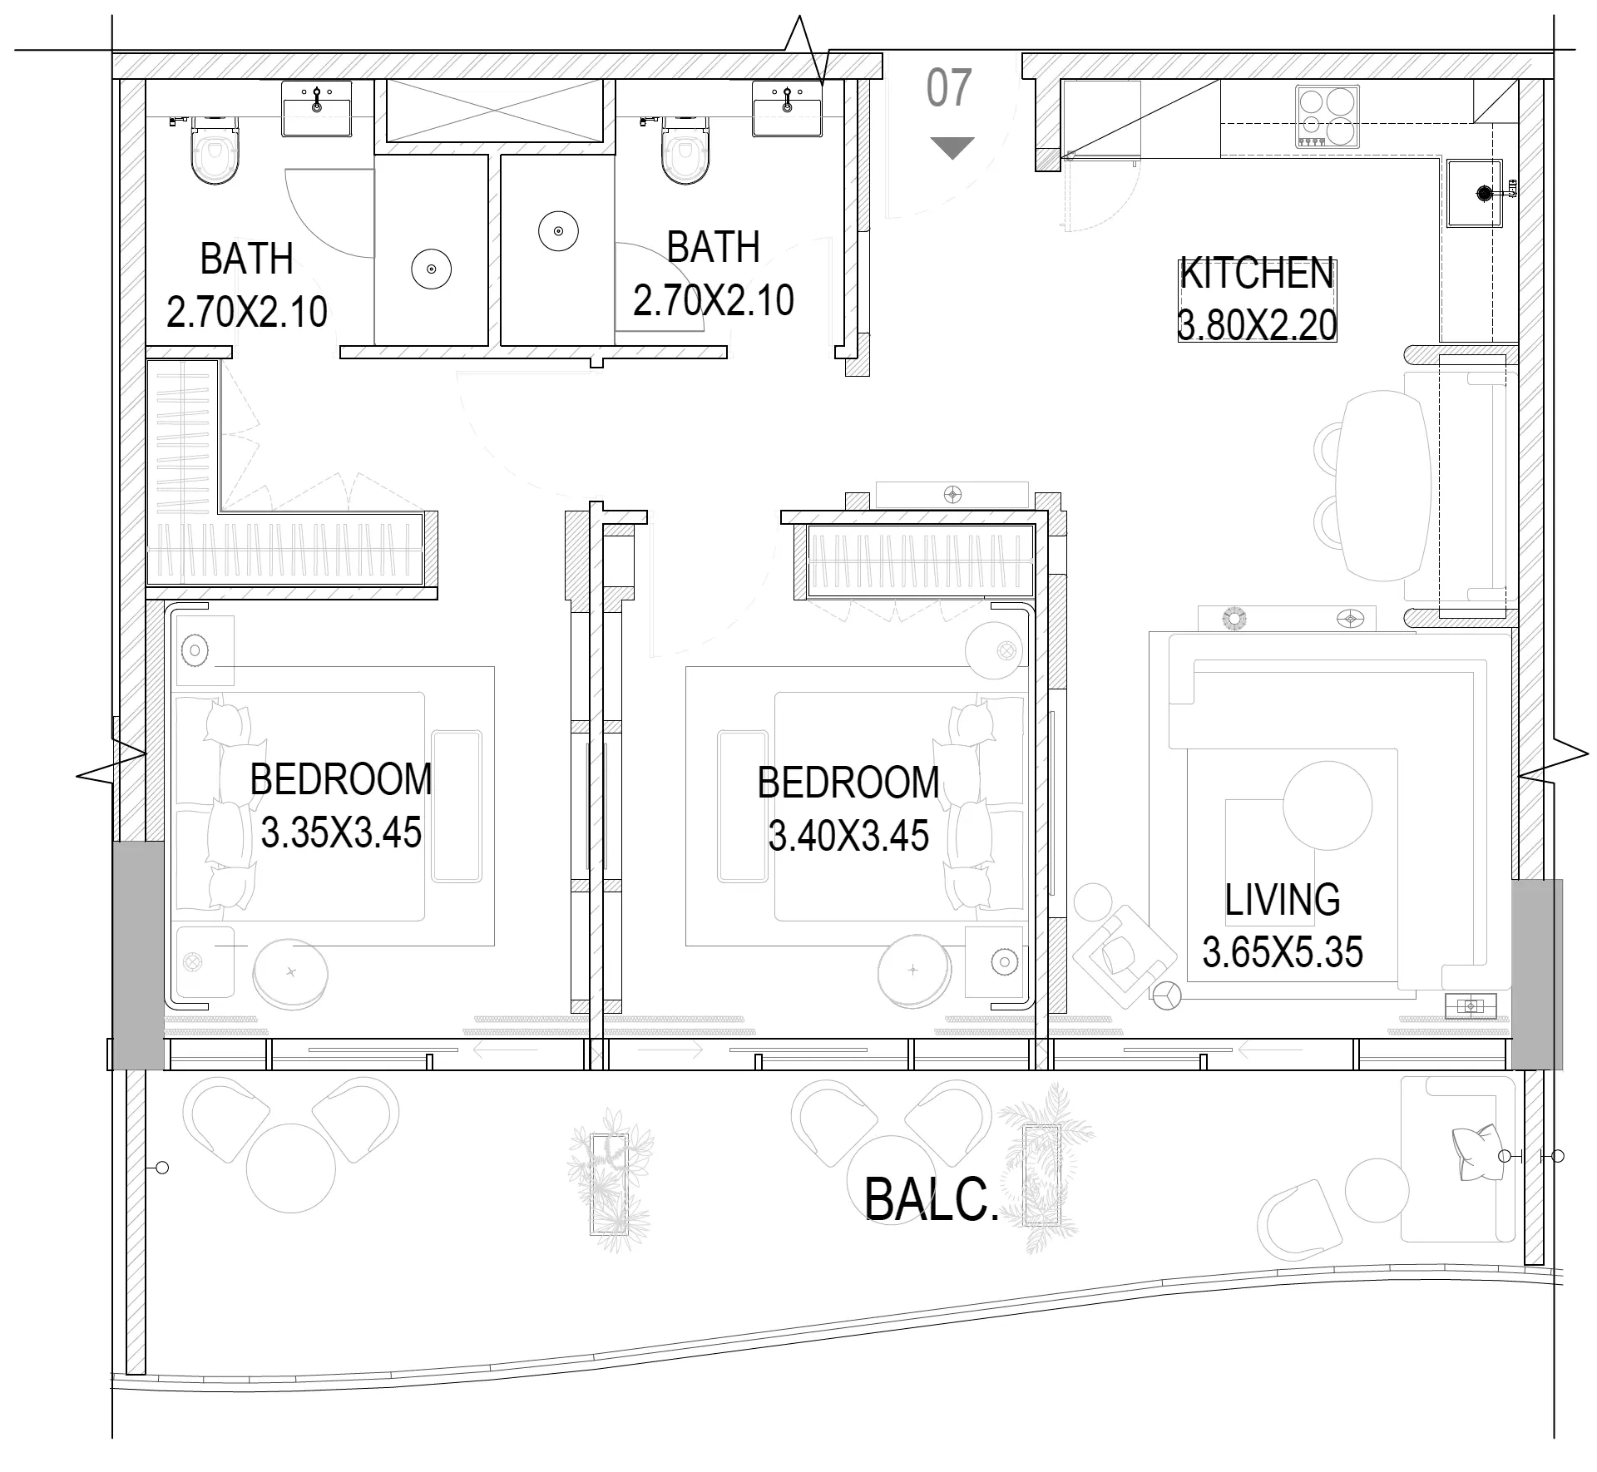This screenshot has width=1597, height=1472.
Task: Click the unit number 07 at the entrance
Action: (x=949, y=88)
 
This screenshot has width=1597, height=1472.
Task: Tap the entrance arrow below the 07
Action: (x=952, y=148)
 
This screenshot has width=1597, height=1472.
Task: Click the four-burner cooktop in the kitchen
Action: (x=1327, y=117)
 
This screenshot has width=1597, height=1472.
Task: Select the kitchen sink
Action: (x=1475, y=193)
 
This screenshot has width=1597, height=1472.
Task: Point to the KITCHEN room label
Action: (x=1257, y=274)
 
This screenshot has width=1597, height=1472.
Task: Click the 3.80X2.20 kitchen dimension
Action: (x=1257, y=324)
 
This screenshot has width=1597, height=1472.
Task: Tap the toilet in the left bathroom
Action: (x=214, y=150)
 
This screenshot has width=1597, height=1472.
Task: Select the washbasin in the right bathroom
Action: (x=786, y=108)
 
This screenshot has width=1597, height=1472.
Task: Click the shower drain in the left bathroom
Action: (x=432, y=269)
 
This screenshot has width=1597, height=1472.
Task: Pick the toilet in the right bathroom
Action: (x=685, y=150)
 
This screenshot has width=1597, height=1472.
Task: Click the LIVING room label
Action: (x=1282, y=900)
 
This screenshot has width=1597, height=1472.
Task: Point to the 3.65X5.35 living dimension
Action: (x=1282, y=951)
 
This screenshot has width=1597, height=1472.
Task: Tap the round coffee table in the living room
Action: (x=1327, y=805)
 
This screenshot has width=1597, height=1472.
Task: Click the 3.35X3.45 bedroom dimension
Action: (x=341, y=832)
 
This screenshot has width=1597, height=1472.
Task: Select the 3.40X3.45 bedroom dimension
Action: (x=848, y=835)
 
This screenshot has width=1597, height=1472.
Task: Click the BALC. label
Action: (x=932, y=1199)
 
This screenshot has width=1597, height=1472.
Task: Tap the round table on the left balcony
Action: (x=291, y=1168)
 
